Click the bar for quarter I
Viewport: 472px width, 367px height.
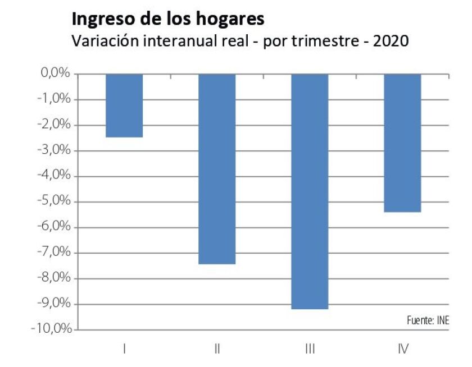124,105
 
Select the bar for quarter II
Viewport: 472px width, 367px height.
217,168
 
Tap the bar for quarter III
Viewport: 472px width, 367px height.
310,191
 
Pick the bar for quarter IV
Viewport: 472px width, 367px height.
402,143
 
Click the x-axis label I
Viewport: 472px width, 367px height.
124,349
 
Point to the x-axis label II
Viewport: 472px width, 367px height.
217,349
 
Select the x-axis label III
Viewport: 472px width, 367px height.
310,349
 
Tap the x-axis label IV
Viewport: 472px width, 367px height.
402,349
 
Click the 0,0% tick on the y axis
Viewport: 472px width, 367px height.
55,74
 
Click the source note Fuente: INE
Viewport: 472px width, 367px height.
428,320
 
